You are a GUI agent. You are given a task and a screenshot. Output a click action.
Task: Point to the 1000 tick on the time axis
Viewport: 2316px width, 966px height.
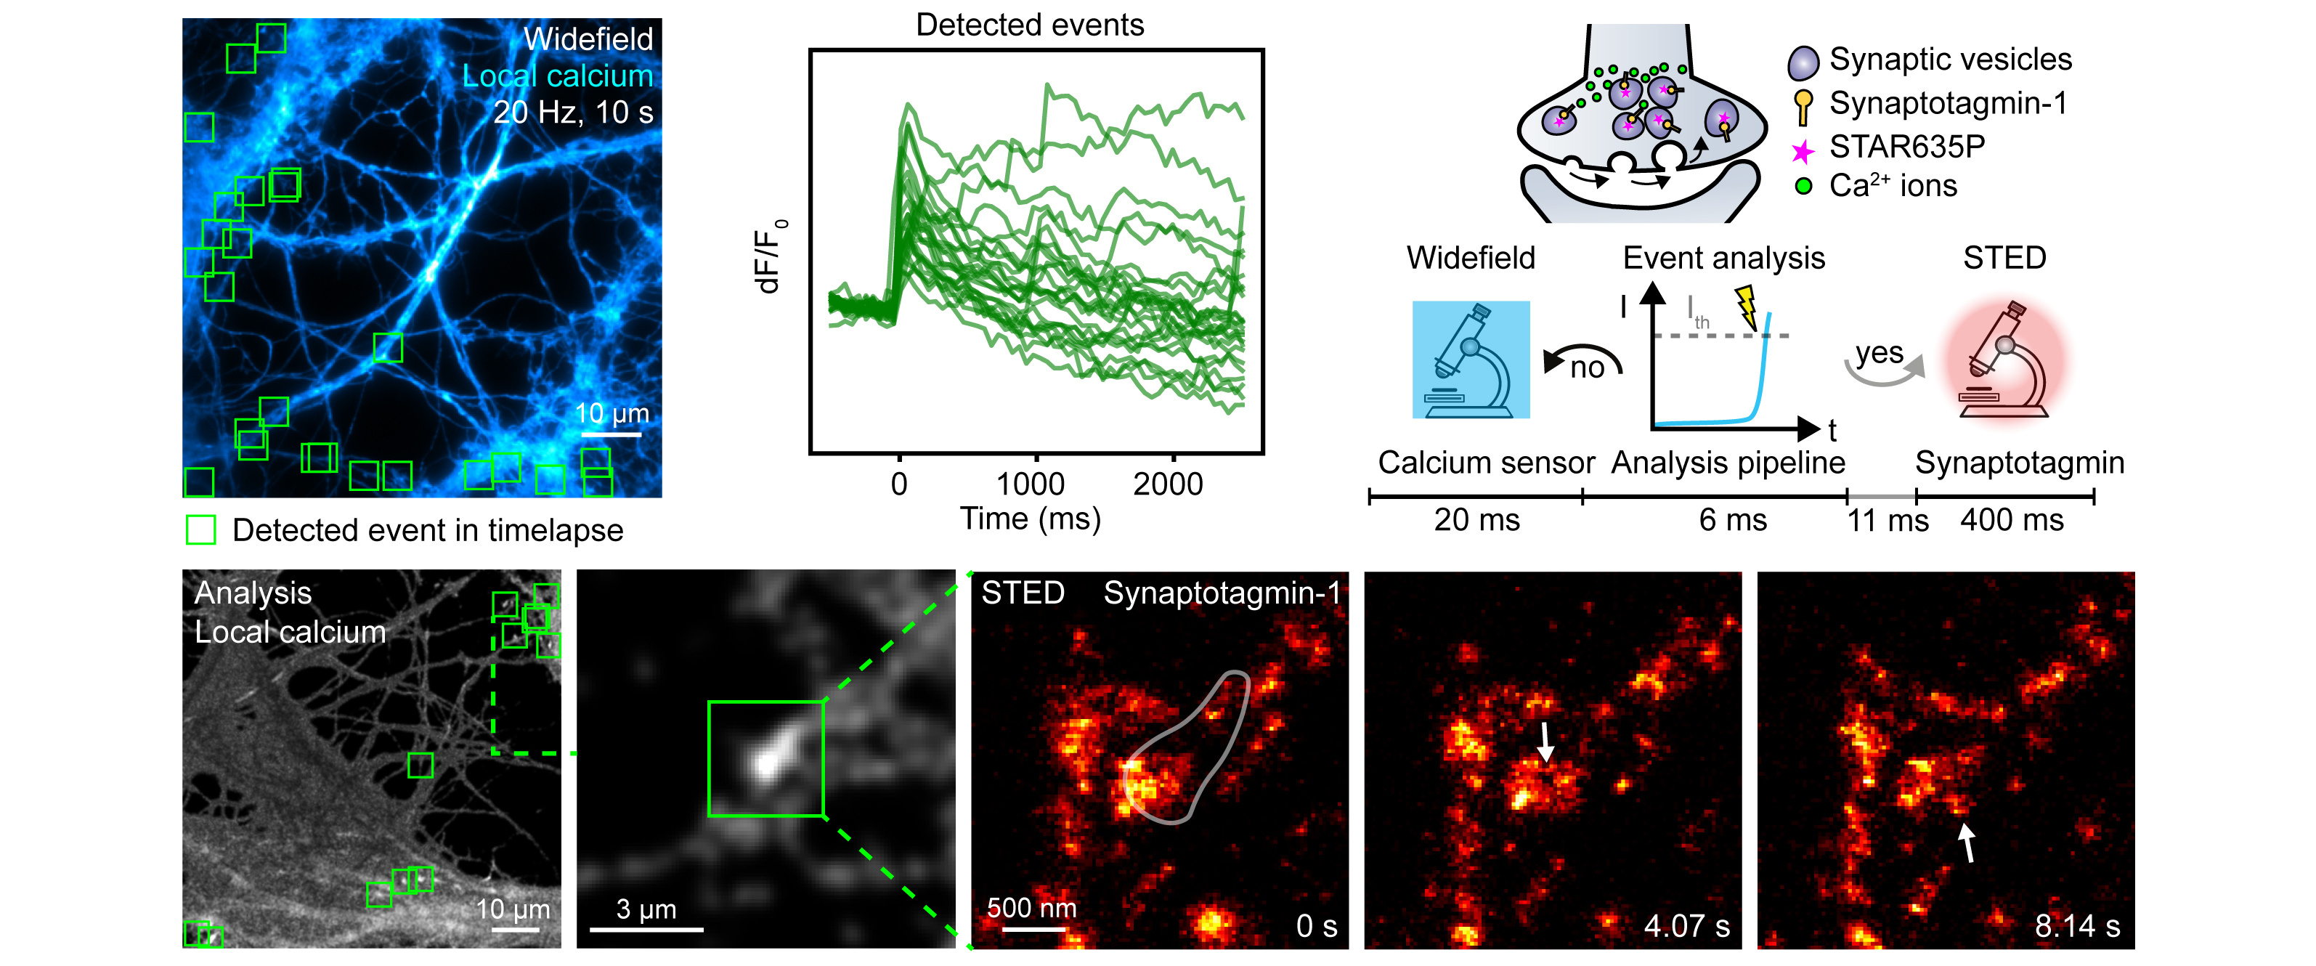tap(1036, 457)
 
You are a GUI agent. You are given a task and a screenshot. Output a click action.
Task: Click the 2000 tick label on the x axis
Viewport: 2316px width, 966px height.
tap(1168, 484)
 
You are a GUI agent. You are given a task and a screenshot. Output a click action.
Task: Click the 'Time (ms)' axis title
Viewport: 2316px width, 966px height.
tap(1031, 519)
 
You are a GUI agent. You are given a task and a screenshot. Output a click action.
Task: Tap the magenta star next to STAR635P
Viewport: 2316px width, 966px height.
tap(1802, 151)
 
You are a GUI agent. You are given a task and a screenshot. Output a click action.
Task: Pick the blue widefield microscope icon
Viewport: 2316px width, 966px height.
tap(1471, 360)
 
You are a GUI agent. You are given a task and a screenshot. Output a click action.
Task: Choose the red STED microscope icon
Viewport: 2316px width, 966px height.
tap(2004, 362)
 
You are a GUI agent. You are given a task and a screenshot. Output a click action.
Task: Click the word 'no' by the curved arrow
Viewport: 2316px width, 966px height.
tap(1587, 368)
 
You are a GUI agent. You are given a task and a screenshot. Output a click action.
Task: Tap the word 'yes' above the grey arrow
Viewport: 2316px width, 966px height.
tap(1879, 352)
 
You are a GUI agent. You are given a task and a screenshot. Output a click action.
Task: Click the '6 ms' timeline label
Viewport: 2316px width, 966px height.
tap(1733, 520)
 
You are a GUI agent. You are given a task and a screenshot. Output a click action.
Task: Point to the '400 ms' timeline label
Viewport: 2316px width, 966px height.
tap(2012, 520)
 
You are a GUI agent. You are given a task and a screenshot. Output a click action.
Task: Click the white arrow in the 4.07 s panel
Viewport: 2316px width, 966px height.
tap(1545, 742)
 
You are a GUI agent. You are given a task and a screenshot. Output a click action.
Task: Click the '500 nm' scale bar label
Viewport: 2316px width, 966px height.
tap(1031, 908)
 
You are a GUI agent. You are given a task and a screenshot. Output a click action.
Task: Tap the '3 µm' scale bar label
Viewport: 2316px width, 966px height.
tap(646, 909)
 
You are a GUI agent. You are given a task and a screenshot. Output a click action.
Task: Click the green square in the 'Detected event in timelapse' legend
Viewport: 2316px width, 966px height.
tap(200, 529)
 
